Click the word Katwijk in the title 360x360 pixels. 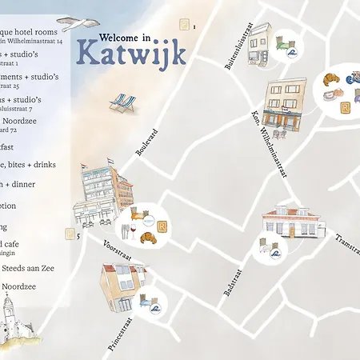point(131,53)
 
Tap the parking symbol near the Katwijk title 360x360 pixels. point(185,25)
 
